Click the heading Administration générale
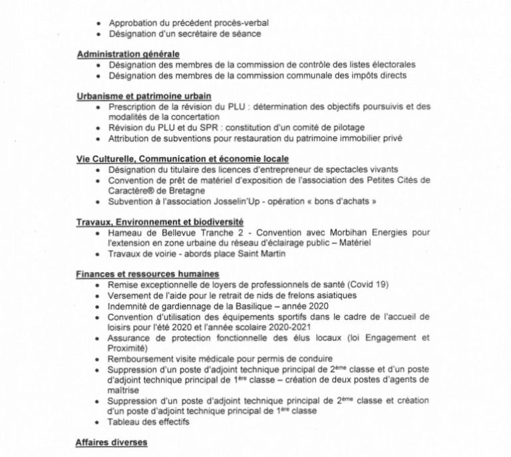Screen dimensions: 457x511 click(x=128, y=54)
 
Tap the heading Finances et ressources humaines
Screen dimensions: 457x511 click(x=148, y=274)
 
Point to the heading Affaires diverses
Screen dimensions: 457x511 click(x=111, y=442)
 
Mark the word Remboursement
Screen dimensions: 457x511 click(x=140, y=359)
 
